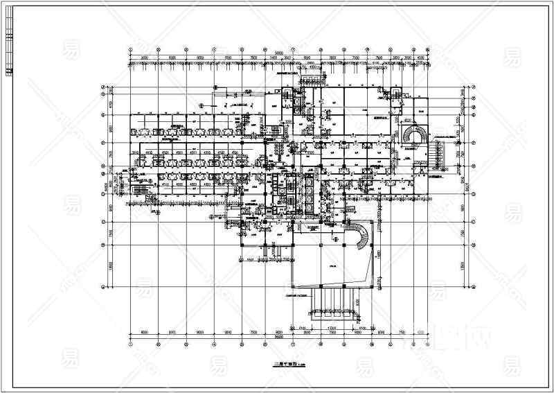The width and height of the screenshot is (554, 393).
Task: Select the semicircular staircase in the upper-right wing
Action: click(x=414, y=133)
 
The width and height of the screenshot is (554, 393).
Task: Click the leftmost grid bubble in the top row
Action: click(x=131, y=51)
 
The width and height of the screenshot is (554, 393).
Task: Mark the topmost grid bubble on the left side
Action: click(x=103, y=88)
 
